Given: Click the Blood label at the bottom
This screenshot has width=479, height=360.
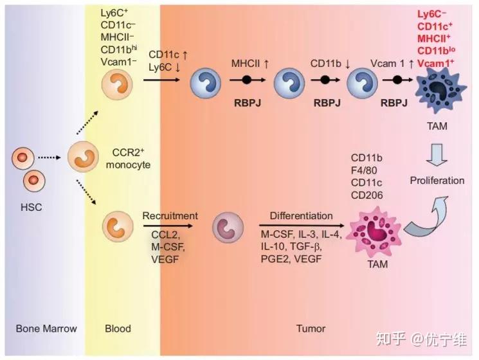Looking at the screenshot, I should click(118, 328).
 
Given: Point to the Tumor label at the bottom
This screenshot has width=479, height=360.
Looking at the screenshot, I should click(311, 328).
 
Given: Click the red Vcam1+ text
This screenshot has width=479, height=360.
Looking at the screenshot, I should click(436, 62).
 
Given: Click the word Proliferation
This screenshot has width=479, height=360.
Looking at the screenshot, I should click(437, 181).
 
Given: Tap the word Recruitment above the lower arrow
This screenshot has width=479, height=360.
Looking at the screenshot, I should click(170, 216).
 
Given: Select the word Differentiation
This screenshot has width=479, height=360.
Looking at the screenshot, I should click(302, 216).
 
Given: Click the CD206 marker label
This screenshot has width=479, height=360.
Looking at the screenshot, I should click(367, 195).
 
